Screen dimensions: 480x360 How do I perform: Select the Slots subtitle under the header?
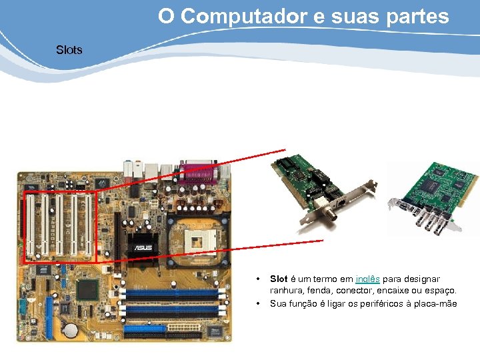click(69, 50)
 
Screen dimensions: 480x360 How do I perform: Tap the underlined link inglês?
click(367, 279)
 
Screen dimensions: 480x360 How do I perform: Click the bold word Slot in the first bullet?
click(278, 279)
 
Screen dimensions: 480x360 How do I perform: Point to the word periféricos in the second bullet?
click(378, 303)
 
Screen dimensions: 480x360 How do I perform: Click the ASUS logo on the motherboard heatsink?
click(143, 248)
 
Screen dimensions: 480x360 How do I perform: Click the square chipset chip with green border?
click(87, 289)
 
